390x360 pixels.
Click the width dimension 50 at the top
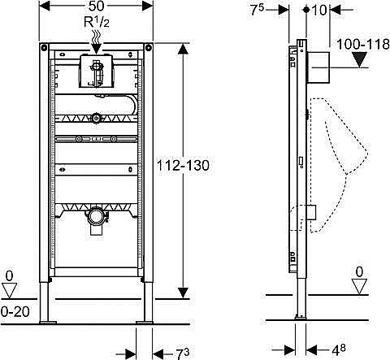[x=96, y=7]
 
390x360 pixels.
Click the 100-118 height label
[x=357, y=40]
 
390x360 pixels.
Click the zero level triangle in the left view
[x=9, y=288]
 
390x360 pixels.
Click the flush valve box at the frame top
[x=96, y=72]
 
